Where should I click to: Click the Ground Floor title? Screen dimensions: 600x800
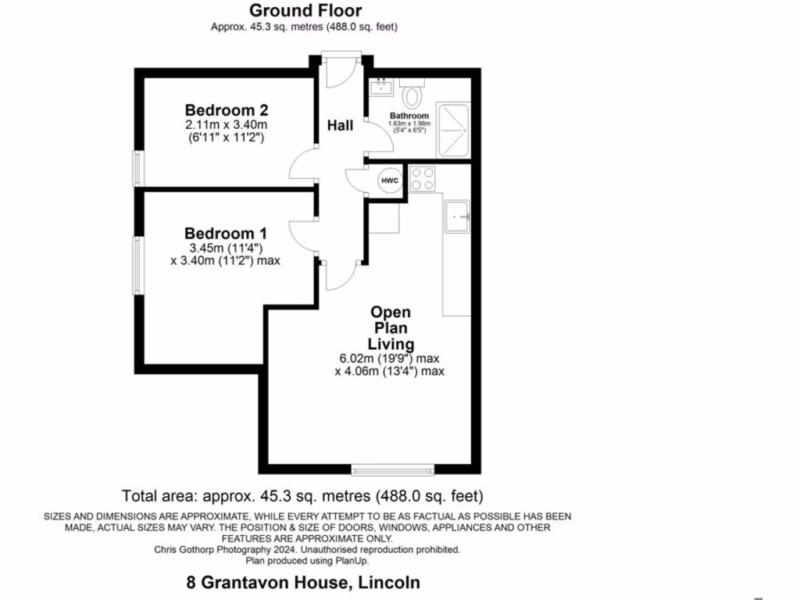305,11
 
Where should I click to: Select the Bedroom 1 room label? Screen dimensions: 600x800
226,233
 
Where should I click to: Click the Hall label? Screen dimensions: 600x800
340,125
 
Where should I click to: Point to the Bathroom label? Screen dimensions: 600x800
409,116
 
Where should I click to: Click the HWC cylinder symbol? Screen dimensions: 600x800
390,181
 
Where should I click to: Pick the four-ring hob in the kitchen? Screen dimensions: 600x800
423,180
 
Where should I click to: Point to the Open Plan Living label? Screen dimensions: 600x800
391,328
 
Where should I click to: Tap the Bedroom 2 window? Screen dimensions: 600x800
138,168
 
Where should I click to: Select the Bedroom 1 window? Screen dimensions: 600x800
138,266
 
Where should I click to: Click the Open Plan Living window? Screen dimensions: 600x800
393,469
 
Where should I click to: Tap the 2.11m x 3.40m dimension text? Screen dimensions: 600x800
226,124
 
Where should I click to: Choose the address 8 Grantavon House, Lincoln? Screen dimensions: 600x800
303,582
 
